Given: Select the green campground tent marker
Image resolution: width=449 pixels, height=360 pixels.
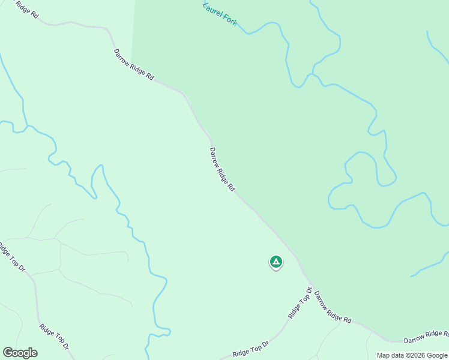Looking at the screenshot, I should (x=276, y=262).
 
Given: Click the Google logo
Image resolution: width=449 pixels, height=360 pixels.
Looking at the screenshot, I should (x=20, y=353).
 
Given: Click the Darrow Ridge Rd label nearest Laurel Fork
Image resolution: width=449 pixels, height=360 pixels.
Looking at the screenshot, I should (x=133, y=65).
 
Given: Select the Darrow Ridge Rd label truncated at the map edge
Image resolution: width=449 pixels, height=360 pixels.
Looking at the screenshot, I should (x=426, y=337).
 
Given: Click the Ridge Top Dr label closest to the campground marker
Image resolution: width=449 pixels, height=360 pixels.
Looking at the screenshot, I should (x=300, y=304).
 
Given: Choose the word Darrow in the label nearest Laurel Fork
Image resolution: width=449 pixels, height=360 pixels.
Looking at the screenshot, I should (x=122, y=58).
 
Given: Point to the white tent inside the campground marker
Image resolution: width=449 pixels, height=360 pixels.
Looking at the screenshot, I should (x=276, y=261).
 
